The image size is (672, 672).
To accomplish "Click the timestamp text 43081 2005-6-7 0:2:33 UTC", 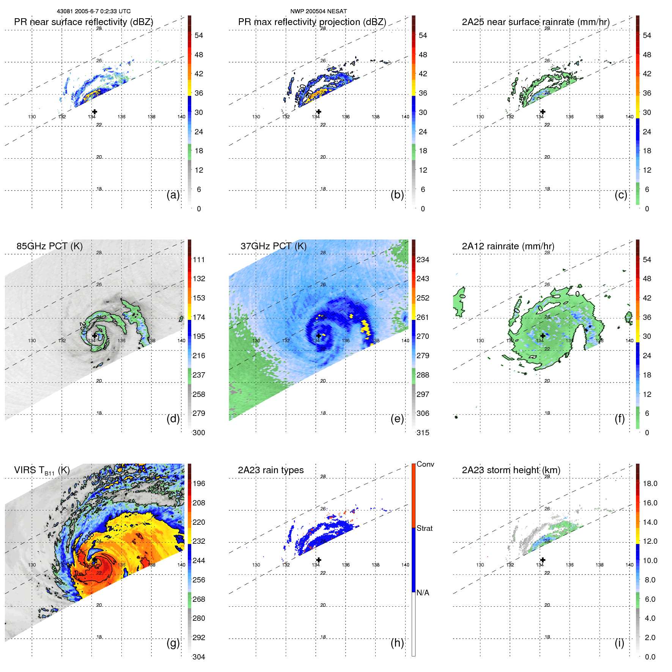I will [x=93, y=11].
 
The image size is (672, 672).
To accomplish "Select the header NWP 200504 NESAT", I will [x=318, y=11].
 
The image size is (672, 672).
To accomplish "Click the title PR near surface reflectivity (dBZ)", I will [x=83, y=22].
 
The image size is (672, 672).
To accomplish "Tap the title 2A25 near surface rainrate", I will [x=535, y=22].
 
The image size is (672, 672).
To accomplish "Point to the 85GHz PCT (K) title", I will [x=49, y=246].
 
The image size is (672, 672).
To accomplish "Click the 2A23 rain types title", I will [x=271, y=470].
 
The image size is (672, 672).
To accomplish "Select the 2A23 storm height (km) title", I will [x=511, y=470].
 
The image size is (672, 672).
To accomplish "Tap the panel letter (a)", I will [x=173, y=195].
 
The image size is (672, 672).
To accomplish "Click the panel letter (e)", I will [x=397, y=419].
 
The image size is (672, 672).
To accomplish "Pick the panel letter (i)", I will [x=619, y=643].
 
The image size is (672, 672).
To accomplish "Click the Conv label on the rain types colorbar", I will [x=425, y=464].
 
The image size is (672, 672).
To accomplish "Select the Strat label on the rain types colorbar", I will [x=424, y=529].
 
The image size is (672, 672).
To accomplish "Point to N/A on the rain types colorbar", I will [x=423, y=593].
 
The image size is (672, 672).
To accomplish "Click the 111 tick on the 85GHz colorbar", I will [x=199, y=260].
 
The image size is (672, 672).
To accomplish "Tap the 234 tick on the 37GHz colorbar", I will [x=423, y=260].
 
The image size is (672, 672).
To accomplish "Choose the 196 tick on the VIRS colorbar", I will [x=199, y=484].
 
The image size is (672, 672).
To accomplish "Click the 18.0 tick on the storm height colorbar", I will [x=650, y=484].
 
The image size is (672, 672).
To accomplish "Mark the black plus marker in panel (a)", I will [x=94, y=112].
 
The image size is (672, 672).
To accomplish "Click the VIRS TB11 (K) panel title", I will [x=42, y=471].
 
